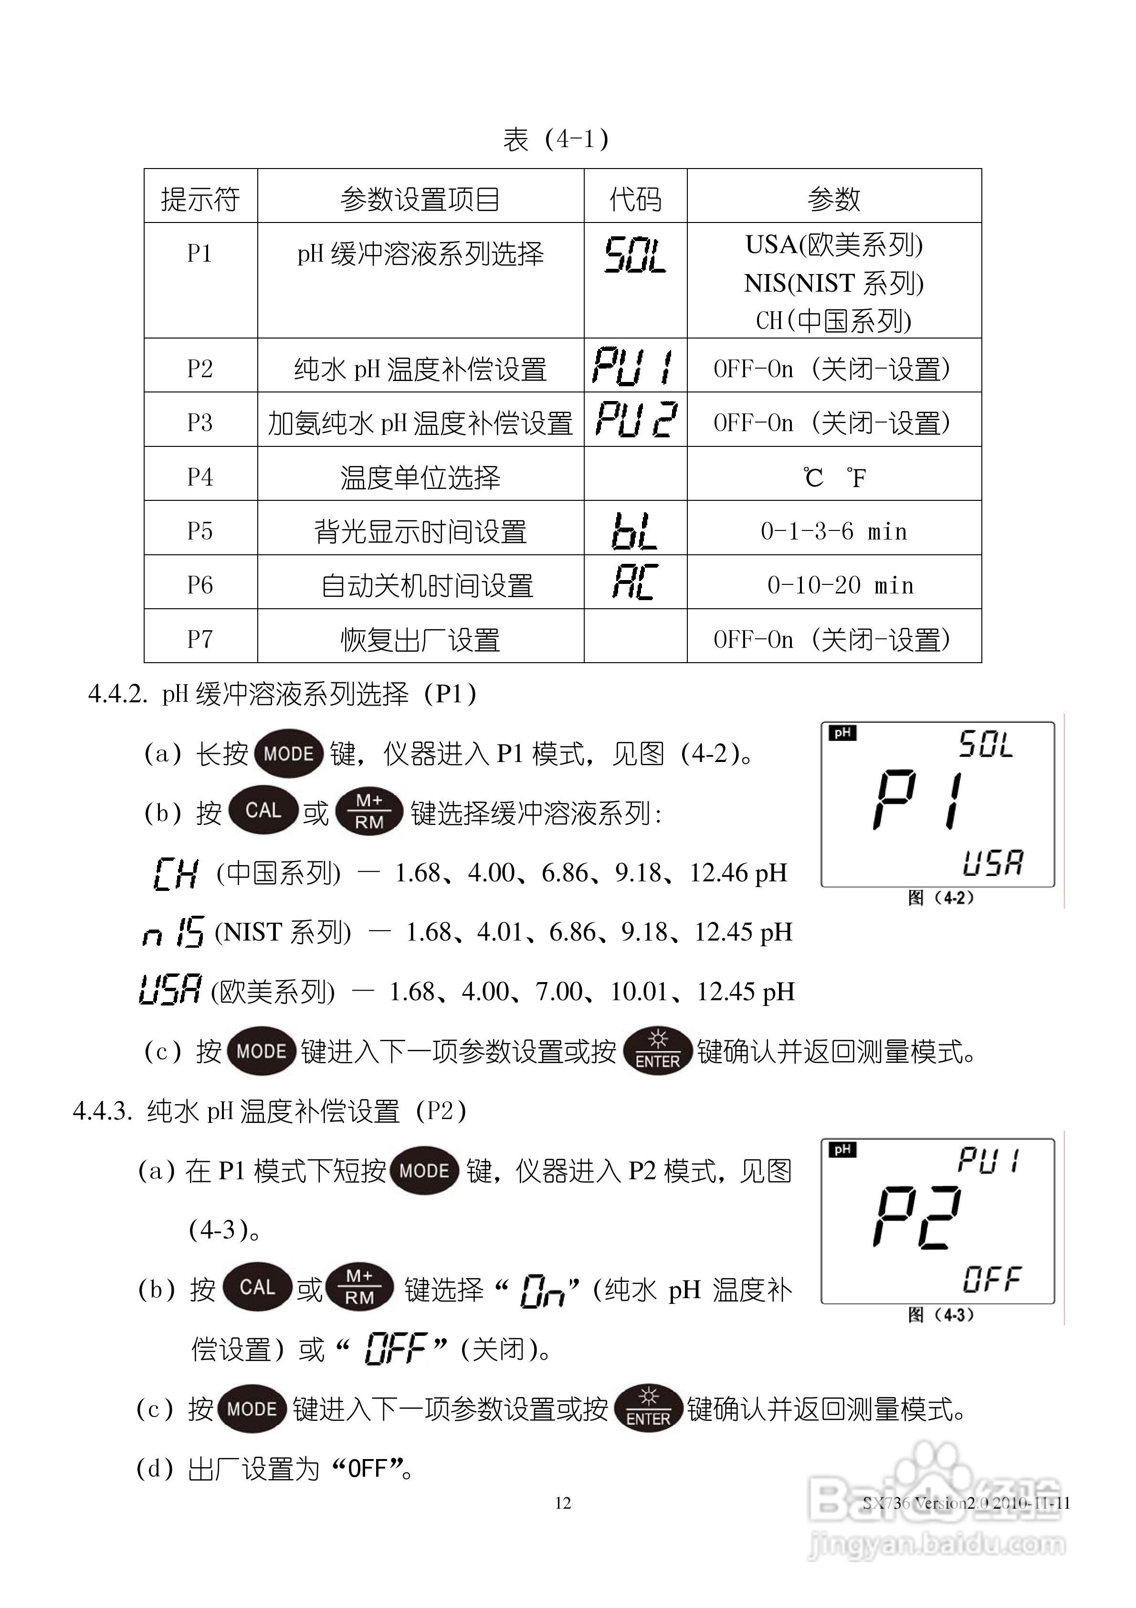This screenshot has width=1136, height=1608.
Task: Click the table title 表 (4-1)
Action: (x=556, y=139)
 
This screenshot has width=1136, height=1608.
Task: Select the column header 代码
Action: (x=635, y=200)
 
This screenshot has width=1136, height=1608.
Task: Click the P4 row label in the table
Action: (x=200, y=477)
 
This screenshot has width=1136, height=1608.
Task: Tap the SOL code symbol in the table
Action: (x=635, y=255)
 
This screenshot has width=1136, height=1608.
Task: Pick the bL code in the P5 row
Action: (x=634, y=531)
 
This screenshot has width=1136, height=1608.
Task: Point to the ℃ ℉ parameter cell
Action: (x=834, y=477)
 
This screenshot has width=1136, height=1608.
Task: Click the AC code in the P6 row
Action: (x=634, y=582)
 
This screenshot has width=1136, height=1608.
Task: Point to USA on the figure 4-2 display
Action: (x=992, y=863)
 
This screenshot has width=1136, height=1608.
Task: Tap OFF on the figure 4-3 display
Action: (x=992, y=1279)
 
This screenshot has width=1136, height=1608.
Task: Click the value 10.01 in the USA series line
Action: (x=639, y=992)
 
